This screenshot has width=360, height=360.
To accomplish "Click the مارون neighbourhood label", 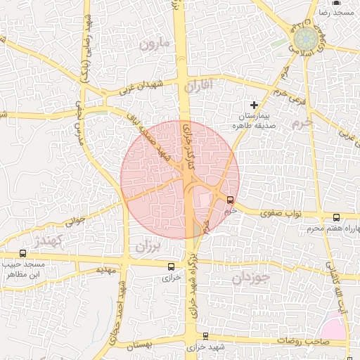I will (x=155, y=44).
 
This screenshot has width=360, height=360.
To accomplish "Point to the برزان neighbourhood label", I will (x=148, y=247).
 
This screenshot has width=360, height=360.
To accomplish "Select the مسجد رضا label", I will (x=335, y=13).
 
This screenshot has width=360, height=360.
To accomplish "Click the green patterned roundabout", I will (x=305, y=38).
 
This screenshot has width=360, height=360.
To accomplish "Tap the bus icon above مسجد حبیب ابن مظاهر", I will (x=22, y=253).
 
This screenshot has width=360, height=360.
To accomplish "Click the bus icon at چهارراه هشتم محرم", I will (x=336, y=217).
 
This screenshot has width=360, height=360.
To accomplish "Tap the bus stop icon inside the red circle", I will (x=231, y=200).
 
